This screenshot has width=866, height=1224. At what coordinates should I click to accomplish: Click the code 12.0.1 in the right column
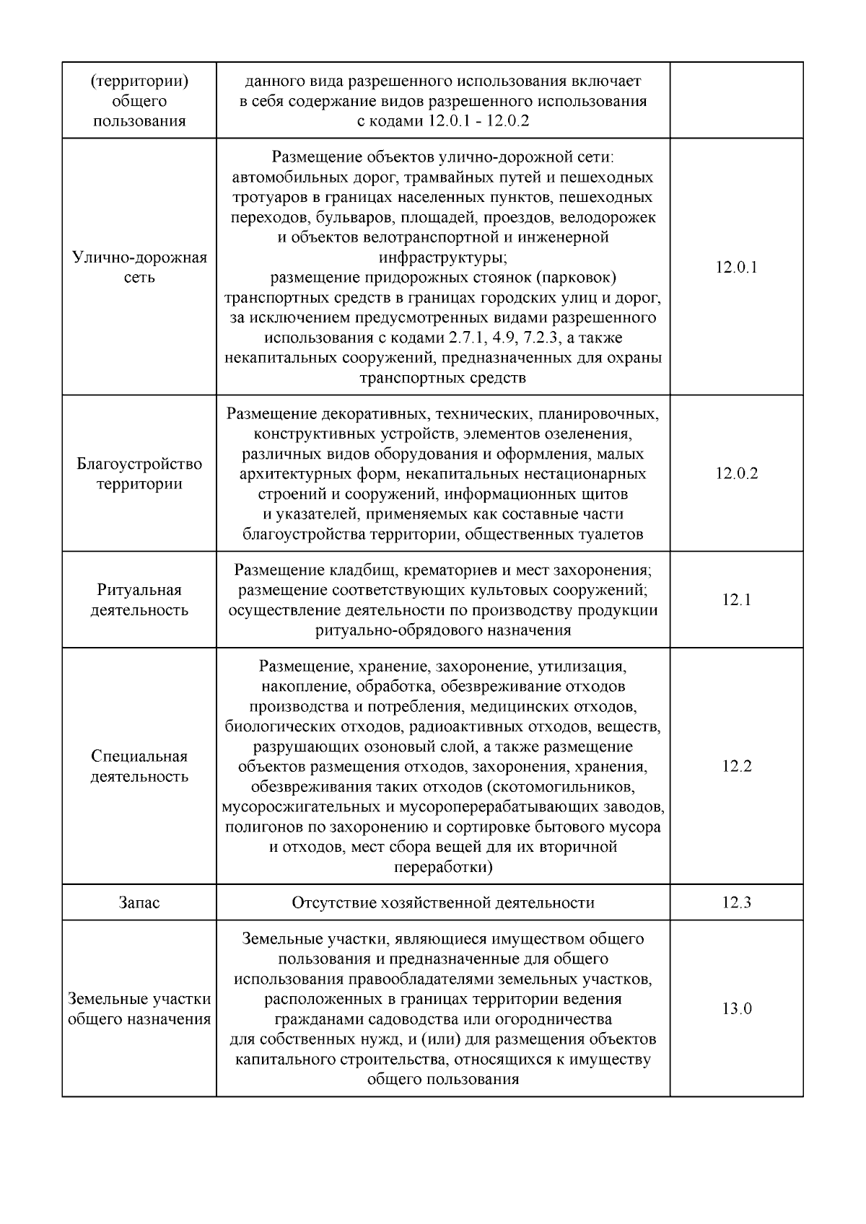pos(736,268)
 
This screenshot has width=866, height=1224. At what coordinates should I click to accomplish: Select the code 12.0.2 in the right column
pos(736,474)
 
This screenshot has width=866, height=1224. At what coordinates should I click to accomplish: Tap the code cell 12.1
pos(736,600)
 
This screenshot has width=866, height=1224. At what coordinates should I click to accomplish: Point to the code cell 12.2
pos(736,766)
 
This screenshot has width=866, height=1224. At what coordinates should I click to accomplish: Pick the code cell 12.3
pos(736,902)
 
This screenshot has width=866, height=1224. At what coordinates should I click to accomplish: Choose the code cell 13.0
pos(736,1008)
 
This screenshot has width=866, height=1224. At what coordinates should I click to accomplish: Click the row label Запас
pos(139,902)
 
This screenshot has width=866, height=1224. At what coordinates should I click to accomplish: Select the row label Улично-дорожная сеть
pos(139,268)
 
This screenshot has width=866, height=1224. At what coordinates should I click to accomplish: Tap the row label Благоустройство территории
pos(139,474)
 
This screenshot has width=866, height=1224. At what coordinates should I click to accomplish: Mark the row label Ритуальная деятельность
pos(139,600)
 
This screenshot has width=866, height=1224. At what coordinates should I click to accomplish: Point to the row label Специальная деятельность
pos(139,766)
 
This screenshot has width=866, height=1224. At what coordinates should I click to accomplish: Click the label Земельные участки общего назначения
pos(139,1009)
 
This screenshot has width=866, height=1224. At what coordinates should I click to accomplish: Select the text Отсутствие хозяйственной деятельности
pos(443,902)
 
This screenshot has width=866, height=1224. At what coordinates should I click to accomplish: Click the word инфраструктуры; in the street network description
pos(443,257)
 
